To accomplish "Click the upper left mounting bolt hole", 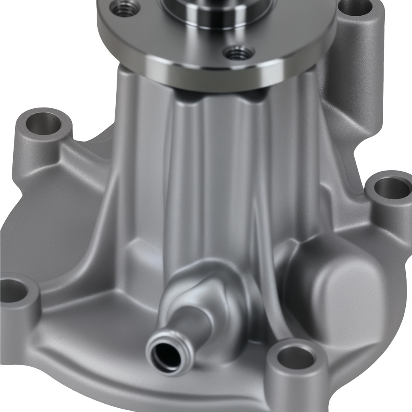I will (43, 122).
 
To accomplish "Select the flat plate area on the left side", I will (49, 231).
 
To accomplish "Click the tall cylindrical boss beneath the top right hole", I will (358, 74).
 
